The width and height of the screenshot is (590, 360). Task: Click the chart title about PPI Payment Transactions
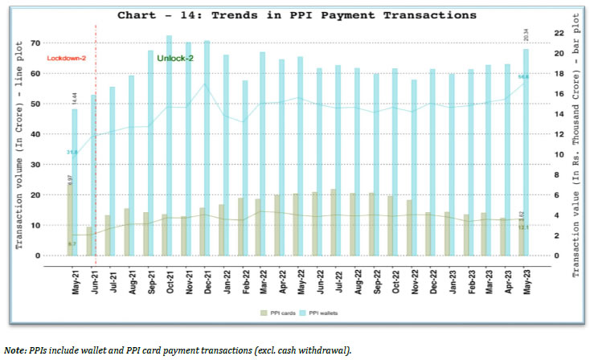[x=296, y=14]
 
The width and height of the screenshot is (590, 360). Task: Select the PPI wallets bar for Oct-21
[x=170, y=145]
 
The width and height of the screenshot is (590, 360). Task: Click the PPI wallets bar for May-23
[x=526, y=153]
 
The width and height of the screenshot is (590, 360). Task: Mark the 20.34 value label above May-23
[x=526, y=35]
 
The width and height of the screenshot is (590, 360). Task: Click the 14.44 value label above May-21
[x=74, y=98]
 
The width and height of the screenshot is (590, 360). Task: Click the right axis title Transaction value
[x=576, y=149]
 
